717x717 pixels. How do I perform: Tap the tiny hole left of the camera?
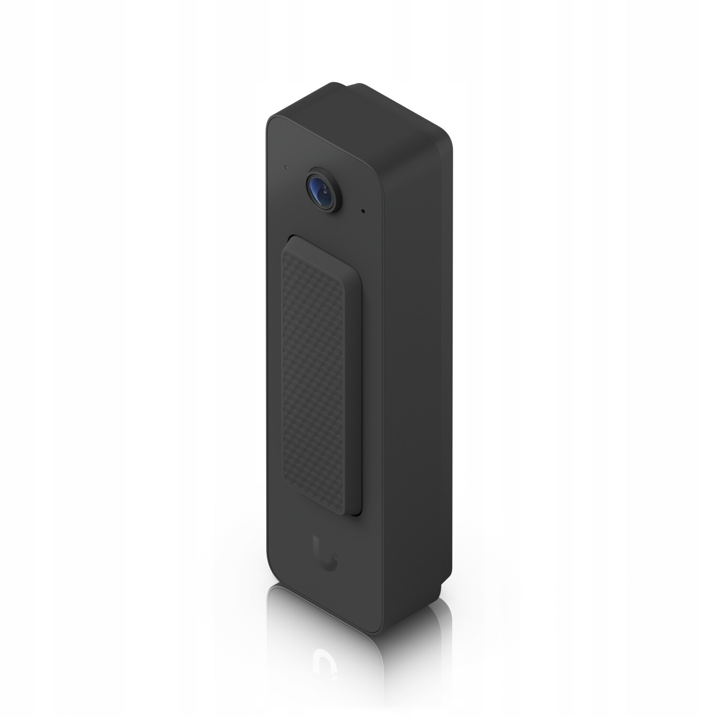click(x=285, y=168)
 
